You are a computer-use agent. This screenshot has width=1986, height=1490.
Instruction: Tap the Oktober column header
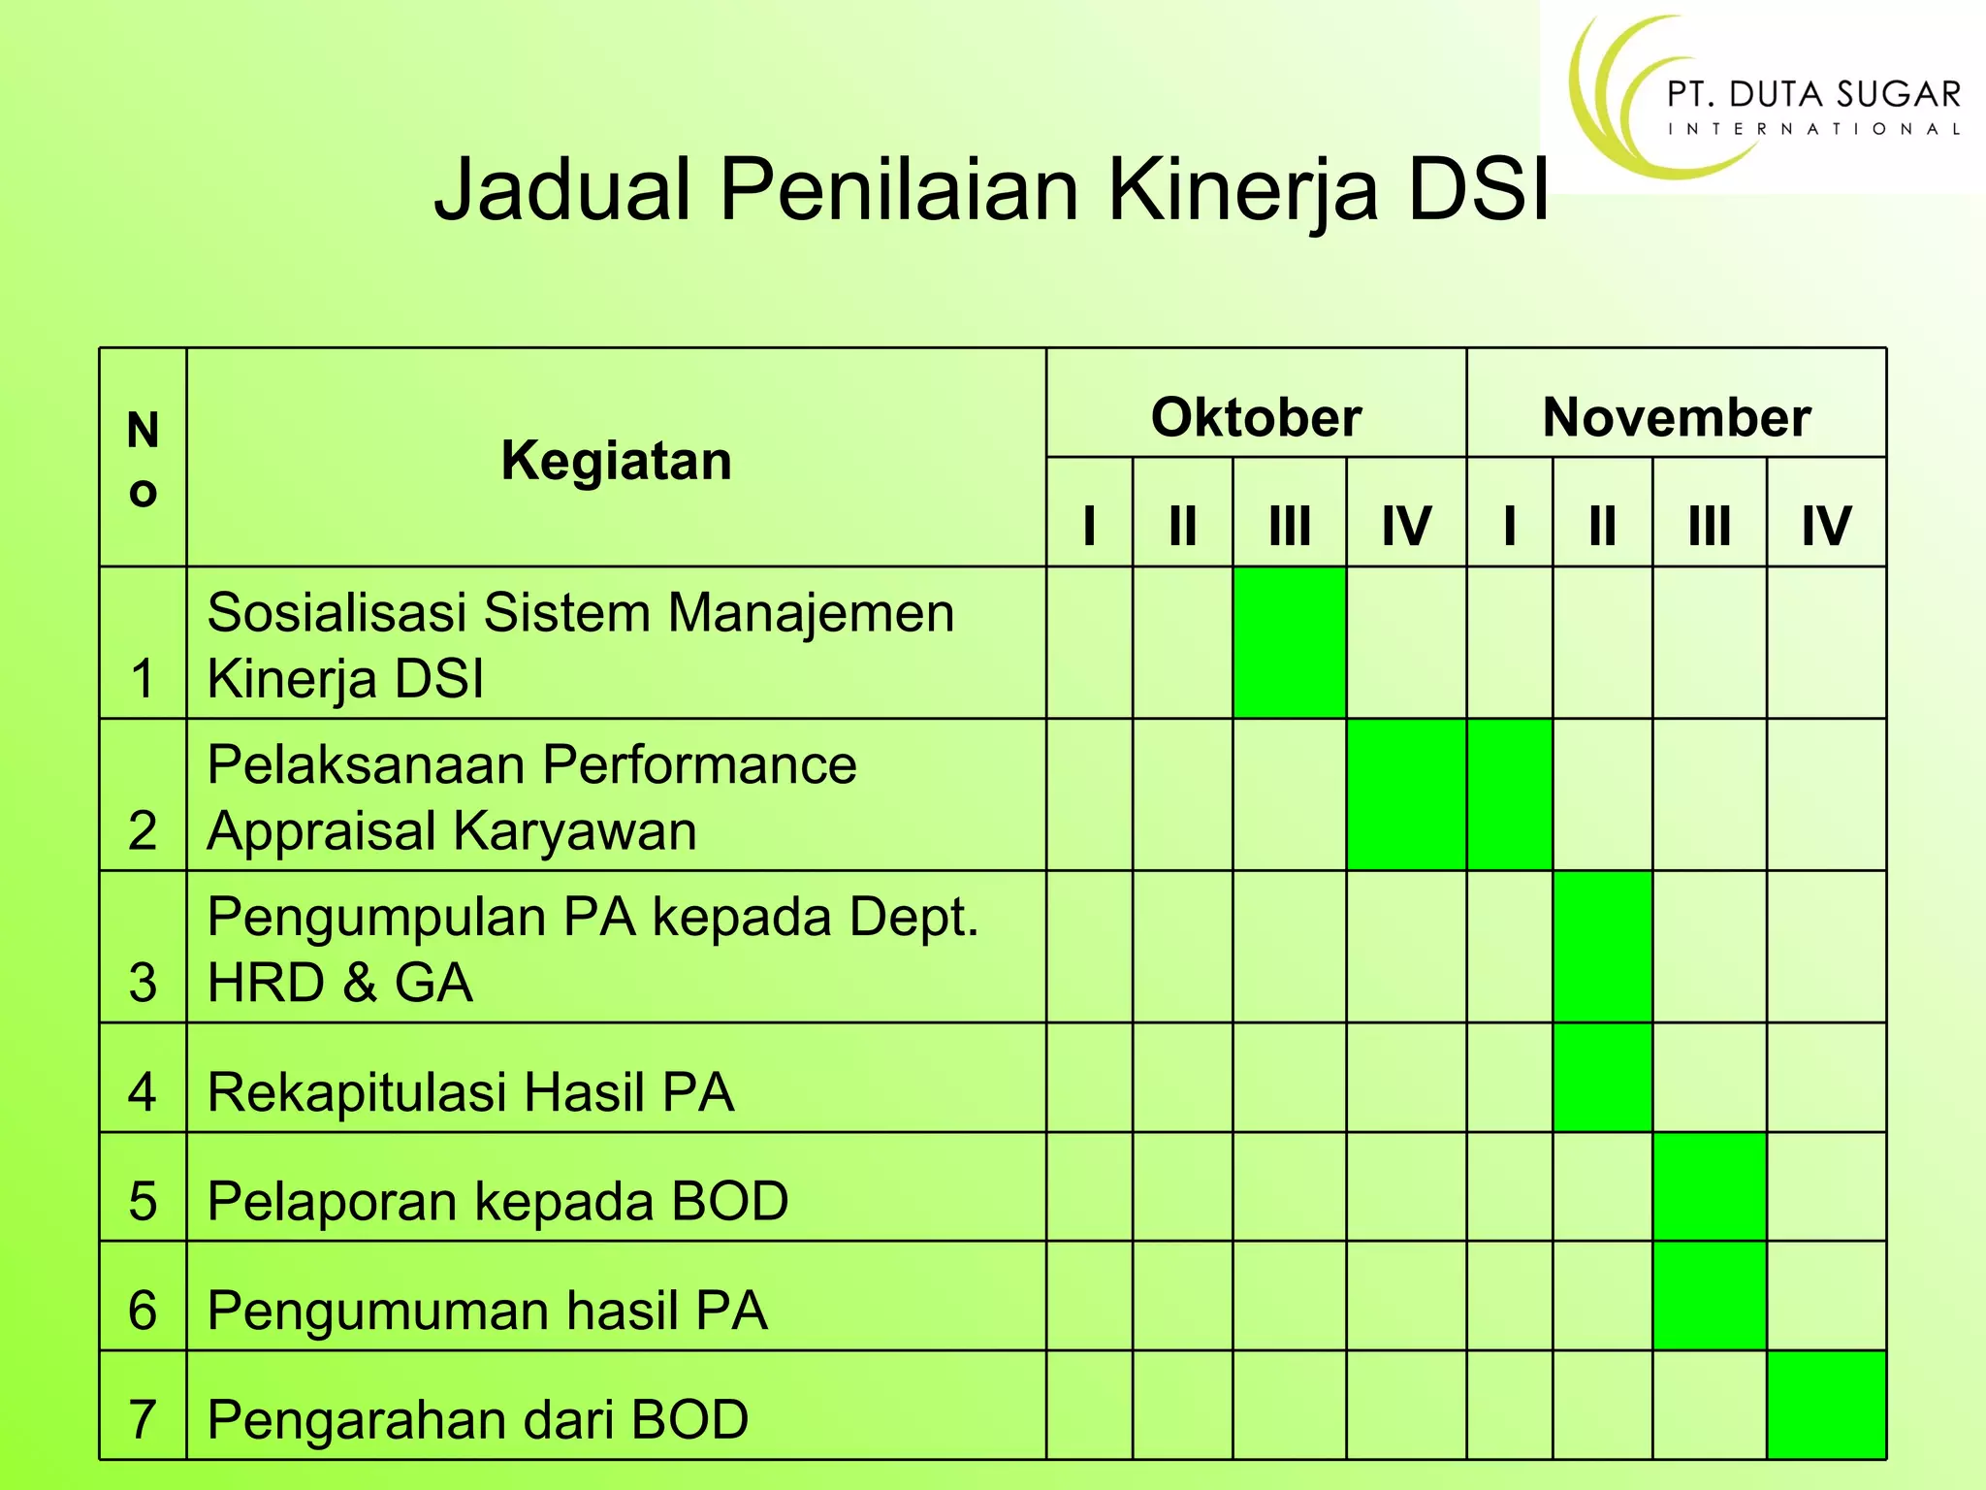(x=1256, y=417)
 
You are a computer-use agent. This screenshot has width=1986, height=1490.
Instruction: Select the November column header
(x=1676, y=417)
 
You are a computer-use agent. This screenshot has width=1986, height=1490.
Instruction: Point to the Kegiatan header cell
(x=616, y=460)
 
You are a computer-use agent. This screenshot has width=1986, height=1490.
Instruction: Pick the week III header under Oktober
(x=1289, y=526)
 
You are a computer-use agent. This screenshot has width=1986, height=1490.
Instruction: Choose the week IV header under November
(x=1826, y=526)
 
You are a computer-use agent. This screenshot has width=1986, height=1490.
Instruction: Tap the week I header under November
(x=1509, y=526)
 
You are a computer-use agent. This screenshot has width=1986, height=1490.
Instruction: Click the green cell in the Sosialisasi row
(x=1289, y=642)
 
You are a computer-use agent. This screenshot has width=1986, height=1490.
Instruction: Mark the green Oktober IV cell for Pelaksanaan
(x=1406, y=794)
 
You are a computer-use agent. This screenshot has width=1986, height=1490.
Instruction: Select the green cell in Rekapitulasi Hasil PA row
(x=1602, y=1077)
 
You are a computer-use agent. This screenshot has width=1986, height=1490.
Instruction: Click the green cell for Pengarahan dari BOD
(x=1826, y=1405)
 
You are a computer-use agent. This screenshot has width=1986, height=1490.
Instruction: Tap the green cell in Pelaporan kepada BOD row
(x=1709, y=1186)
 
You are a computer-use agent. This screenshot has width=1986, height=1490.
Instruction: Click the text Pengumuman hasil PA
(x=487, y=1311)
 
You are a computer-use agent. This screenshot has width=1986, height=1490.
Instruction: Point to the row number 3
(x=143, y=983)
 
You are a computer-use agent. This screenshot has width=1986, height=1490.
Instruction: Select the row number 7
(x=143, y=1419)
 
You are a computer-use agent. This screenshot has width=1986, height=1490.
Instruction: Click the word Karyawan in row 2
(x=574, y=831)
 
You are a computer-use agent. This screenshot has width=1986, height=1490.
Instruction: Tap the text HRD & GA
(x=339, y=983)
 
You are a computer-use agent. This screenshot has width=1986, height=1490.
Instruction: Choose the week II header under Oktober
(x=1182, y=526)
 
